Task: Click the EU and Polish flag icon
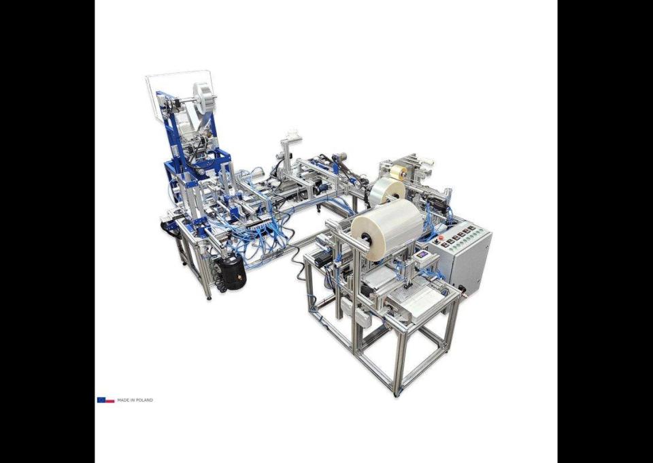(106, 400)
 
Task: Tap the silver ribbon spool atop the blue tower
(205, 95)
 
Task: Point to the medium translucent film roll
(388, 191)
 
